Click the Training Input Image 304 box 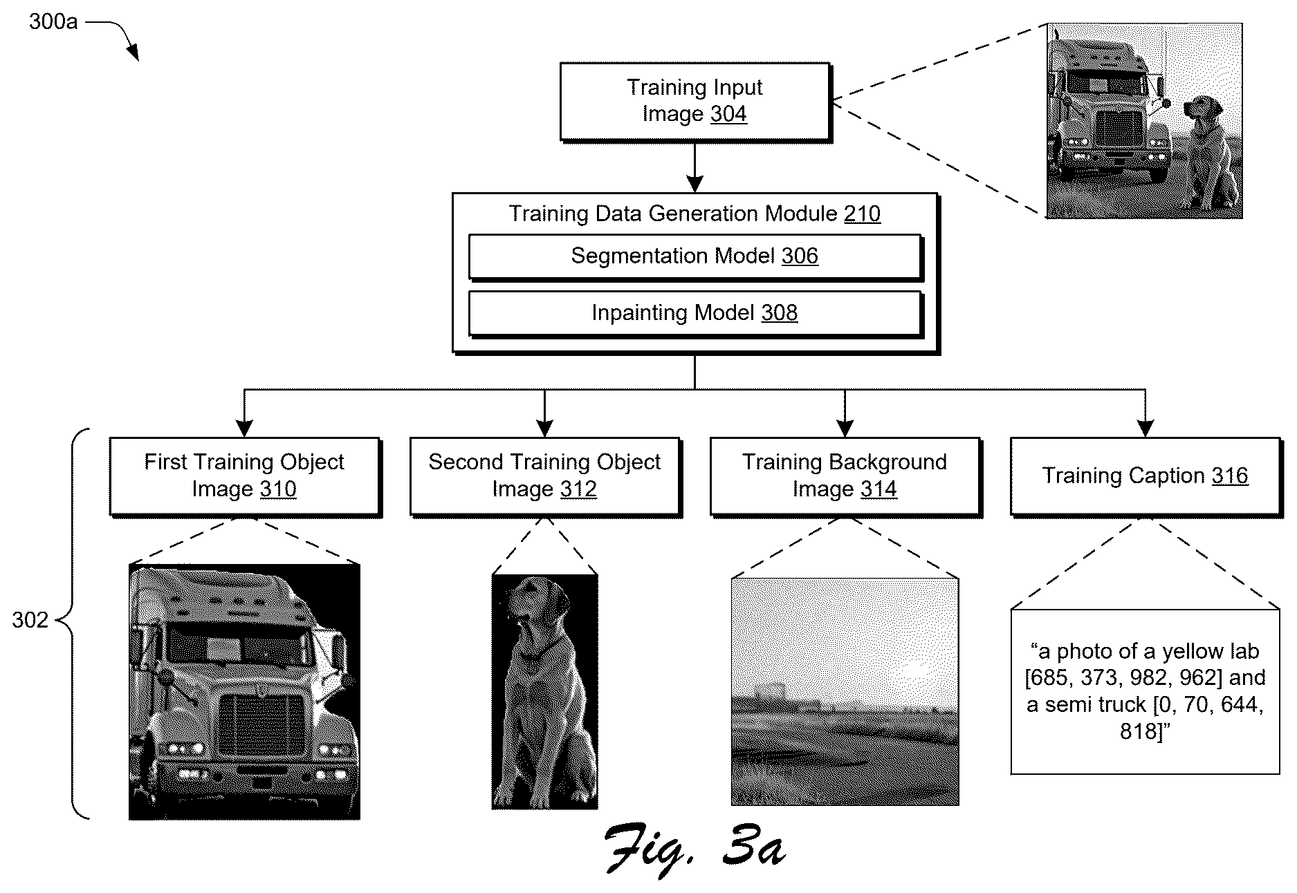tap(695, 102)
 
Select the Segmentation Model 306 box tap(695, 257)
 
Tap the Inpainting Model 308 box tap(695, 314)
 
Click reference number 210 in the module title tap(862, 214)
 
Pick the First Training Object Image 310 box tap(245, 476)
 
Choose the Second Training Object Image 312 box tap(545, 476)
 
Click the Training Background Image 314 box tap(845, 476)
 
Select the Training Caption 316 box tap(1146, 476)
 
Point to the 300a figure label tap(53, 21)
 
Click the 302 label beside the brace tap(30, 620)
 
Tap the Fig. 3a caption tap(695, 848)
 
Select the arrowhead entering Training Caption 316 tap(1146, 429)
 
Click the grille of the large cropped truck tap(262, 724)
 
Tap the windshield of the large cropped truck tap(236, 642)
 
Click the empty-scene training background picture tap(845, 692)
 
